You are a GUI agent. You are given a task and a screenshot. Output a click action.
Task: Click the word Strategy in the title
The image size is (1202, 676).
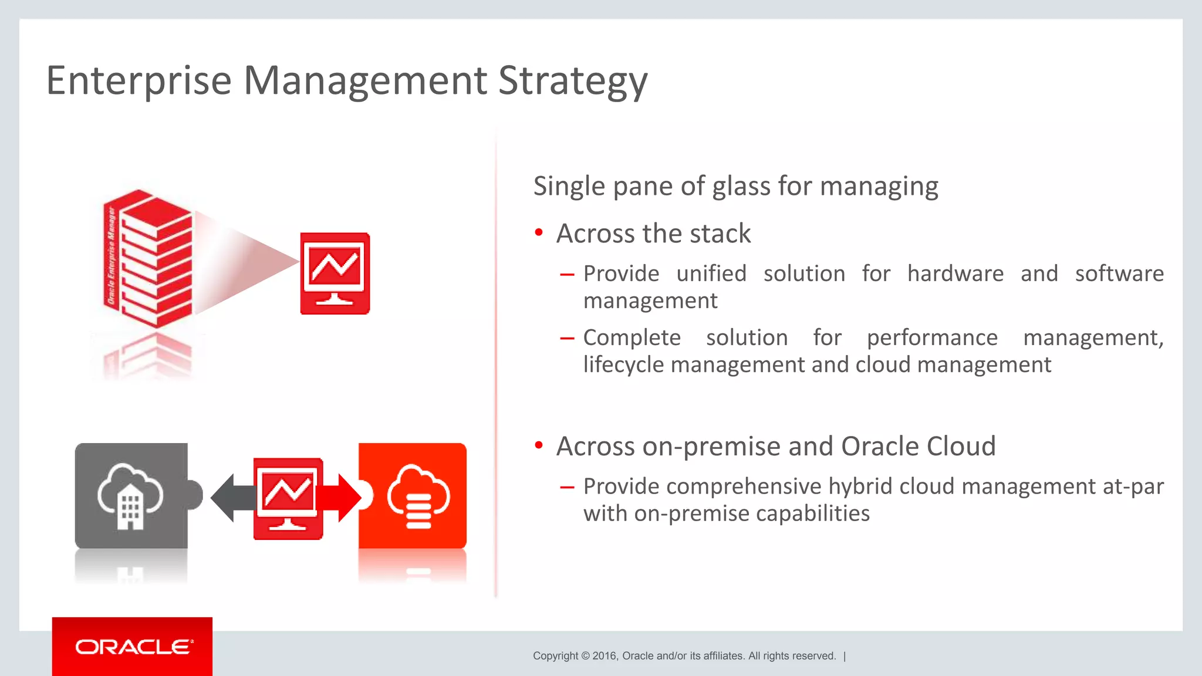tap(572, 80)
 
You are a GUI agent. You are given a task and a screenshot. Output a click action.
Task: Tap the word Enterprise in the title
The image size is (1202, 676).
tap(139, 80)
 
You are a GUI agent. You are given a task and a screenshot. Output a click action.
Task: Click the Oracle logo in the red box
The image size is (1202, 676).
tap(133, 647)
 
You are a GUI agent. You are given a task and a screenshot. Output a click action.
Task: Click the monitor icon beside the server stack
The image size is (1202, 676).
tap(335, 273)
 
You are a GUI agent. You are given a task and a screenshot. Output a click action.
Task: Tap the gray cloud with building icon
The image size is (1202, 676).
tap(131, 496)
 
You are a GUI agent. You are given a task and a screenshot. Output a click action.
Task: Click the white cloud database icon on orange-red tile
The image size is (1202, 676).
tap(417, 496)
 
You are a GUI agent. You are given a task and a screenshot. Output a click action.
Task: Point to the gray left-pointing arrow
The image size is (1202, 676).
tap(232, 498)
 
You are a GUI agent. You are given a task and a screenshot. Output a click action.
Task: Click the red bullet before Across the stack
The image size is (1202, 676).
tap(539, 233)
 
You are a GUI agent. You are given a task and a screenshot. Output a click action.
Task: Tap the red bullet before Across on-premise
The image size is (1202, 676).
tap(539, 446)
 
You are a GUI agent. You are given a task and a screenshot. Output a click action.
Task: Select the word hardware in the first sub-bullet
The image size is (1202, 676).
tap(955, 273)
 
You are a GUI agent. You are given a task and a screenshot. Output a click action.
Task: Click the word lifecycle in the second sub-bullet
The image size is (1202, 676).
tap(623, 364)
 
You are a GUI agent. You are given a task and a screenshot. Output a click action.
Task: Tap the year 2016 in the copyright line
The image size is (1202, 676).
tap(605, 656)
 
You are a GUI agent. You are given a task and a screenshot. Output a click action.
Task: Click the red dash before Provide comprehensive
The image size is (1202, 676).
tap(567, 487)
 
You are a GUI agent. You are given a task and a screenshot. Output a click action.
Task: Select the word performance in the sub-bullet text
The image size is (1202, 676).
tap(932, 337)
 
